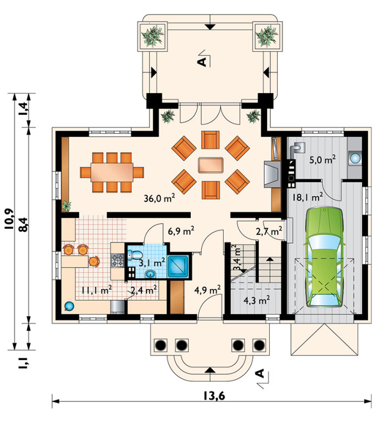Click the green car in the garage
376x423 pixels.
click(324, 257)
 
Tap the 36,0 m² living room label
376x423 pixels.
click(160, 198)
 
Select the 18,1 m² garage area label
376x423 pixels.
click(307, 197)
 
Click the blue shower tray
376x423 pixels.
click(178, 266)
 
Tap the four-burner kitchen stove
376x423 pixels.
click(118, 261)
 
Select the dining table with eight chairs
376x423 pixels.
click(112, 172)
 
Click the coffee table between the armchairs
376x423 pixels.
click(211, 165)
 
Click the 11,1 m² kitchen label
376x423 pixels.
click(97, 290)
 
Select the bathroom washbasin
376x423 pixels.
click(150, 274)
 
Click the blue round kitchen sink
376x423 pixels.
click(69, 307)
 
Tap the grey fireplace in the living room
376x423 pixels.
click(272, 174)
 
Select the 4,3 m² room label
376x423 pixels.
click(256, 300)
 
